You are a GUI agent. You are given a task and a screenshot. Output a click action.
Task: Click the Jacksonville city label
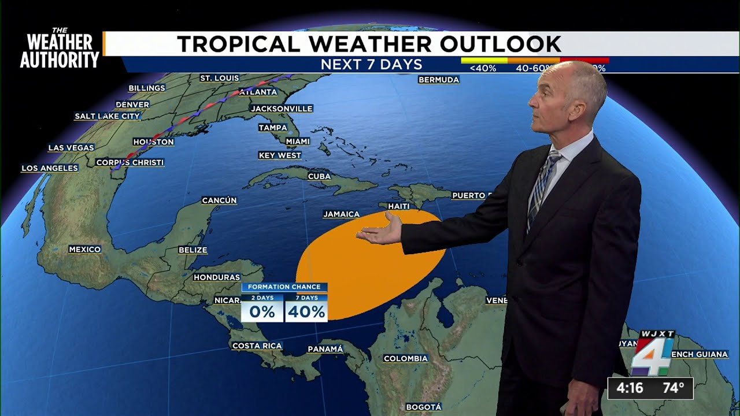coord(282,109)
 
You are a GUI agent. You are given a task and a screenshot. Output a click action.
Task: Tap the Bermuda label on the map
coord(438,80)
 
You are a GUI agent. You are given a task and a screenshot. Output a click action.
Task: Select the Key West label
coord(280,155)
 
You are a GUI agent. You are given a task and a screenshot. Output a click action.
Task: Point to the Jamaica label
coord(341,214)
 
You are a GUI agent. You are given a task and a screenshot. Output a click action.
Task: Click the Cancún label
coord(219,200)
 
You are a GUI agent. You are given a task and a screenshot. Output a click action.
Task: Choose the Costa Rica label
coord(257,346)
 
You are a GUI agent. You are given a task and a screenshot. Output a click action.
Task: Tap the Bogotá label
coord(423,407)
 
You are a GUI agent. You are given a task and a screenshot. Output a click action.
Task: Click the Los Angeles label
coord(50,168)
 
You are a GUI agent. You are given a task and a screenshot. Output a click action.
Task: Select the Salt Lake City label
coord(108,116)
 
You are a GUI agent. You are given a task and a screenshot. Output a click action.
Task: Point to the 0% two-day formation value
coord(262,312)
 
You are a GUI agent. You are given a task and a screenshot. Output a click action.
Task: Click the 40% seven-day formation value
coord(306,312)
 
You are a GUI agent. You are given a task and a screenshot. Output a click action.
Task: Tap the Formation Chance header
coord(284,287)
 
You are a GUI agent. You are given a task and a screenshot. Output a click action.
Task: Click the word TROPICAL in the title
coord(239,44)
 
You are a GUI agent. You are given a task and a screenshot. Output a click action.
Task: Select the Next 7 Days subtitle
coord(371,64)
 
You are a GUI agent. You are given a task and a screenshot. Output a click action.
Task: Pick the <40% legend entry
coord(483,68)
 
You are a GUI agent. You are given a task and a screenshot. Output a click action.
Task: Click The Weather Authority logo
coord(60,49)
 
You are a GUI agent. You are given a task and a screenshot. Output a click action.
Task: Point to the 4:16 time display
coord(630,388)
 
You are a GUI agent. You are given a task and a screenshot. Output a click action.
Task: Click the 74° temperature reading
coord(673,388)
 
